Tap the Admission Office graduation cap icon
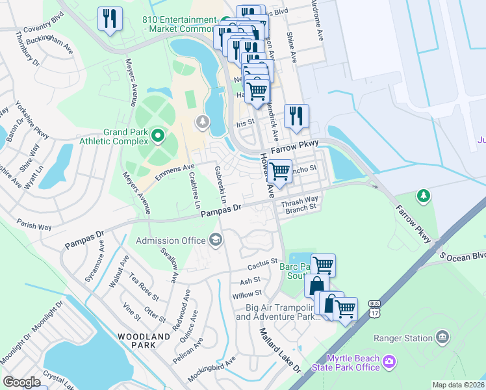click(x=215, y=241)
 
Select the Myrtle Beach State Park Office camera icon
click(x=389, y=360)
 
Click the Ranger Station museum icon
click(x=442, y=337)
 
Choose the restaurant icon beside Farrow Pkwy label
click(x=296, y=116)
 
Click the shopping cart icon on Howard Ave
click(x=279, y=171)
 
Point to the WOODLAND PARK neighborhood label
click(x=144, y=337)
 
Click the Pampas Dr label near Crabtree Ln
click(x=221, y=211)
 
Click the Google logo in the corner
click(x=21, y=382)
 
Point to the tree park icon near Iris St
click(x=203, y=122)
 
